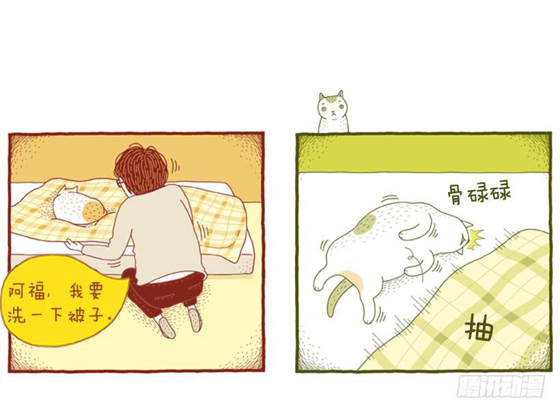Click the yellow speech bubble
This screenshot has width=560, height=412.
(x=65, y=303)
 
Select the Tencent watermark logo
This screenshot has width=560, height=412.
(x=502, y=386)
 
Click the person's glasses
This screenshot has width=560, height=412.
(x=121, y=182)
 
